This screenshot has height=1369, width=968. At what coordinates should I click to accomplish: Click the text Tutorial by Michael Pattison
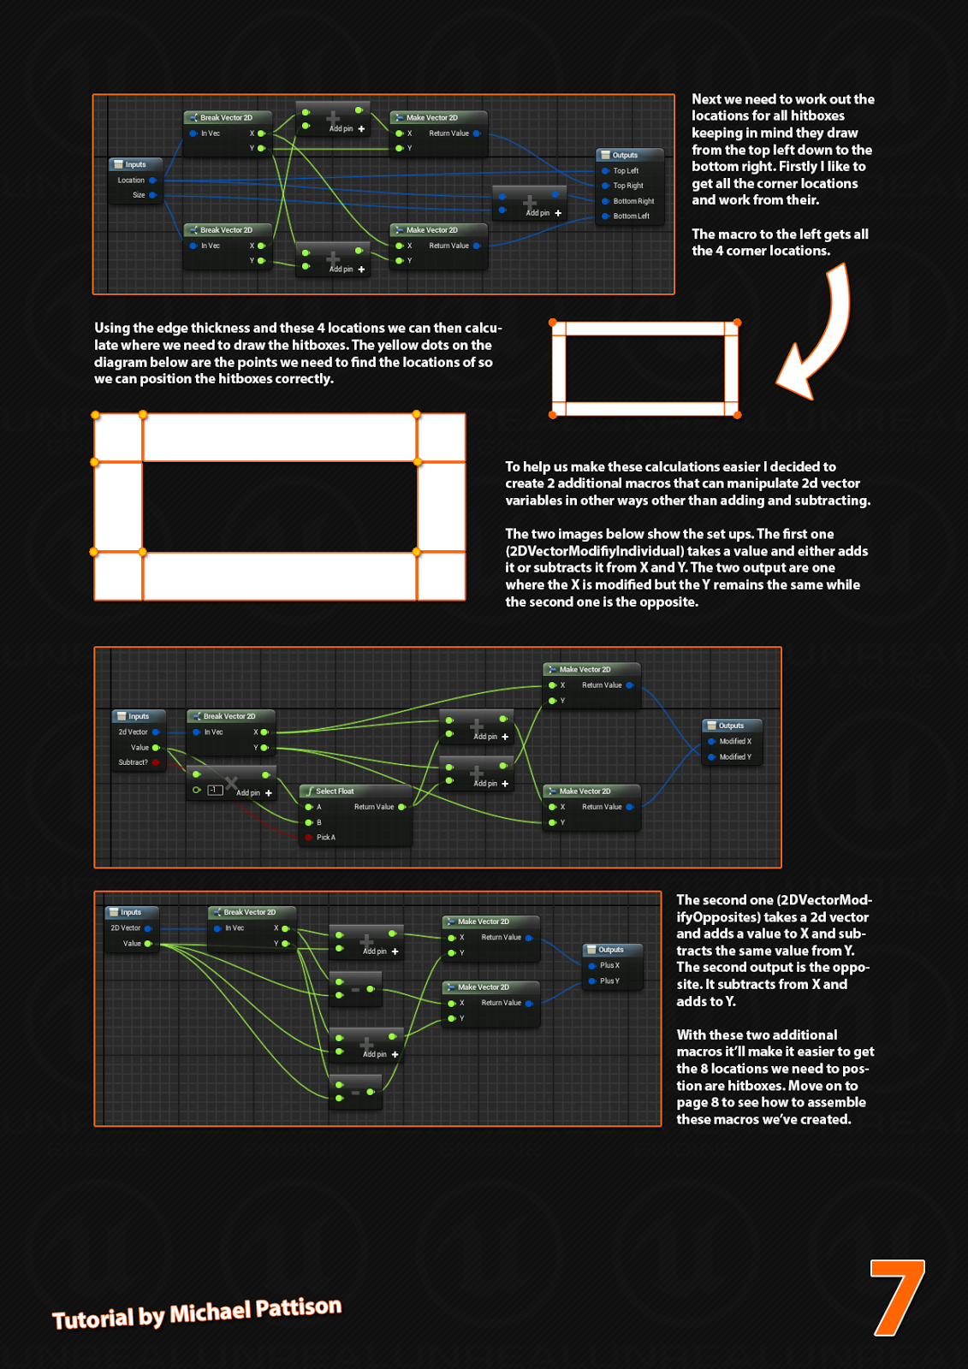click(x=197, y=1313)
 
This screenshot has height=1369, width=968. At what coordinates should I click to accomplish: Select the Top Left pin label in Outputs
click(x=626, y=171)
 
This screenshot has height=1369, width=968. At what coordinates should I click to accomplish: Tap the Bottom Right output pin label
click(x=633, y=201)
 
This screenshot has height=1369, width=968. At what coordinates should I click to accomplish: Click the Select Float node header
click(x=335, y=791)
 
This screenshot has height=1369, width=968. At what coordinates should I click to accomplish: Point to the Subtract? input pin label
click(x=134, y=762)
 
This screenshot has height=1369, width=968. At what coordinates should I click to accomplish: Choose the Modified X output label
click(x=735, y=742)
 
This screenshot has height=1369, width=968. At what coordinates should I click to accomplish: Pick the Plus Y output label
click(x=609, y=981)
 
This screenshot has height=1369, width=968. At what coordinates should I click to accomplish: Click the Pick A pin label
click(x=326, y=838)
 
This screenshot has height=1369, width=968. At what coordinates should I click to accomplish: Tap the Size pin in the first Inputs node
click(x=139, y=195)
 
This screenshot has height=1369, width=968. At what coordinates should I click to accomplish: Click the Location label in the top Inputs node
click(x=131, y=181)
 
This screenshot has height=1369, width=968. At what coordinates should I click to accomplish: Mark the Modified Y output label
click(x=735, y=757)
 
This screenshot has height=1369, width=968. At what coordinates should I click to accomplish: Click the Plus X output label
click(x=609, y=965)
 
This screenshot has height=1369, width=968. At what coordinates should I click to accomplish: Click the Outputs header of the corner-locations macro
click(x=625, y=156)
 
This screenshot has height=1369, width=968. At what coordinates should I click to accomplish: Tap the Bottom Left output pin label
click(x=631, y=216)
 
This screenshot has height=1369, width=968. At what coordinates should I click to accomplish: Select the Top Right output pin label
click(x=627, y=186)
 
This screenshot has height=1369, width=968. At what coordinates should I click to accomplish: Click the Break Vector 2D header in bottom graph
click(x=249, y=912)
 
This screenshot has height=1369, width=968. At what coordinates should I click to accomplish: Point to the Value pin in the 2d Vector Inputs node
click(x=140, y=748)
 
